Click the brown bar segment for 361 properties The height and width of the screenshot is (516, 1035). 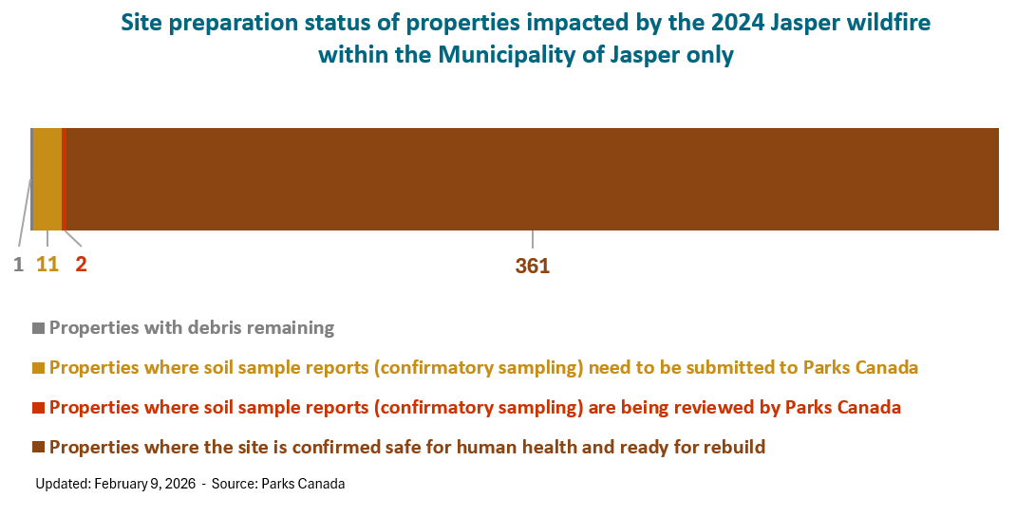(x=533, y=179)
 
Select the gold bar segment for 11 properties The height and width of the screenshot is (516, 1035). (x=47, y=179)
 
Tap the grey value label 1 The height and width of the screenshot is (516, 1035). (x=18, y=265)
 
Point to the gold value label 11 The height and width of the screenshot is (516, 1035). (x=47, y=265)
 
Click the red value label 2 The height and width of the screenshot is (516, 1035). (x=82, y=265)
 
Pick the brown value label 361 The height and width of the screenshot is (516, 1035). (x=533, y=266)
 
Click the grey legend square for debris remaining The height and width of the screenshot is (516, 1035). (x=38, y=328)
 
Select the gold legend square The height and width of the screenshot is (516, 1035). (x=38, y=368)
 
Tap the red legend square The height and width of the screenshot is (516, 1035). (x=38, y=408)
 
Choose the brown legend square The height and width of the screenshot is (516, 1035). (x=38, y=448)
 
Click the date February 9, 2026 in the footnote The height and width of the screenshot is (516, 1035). (x=145, y=484)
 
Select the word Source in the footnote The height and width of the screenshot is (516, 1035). (x=235, y=484)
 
